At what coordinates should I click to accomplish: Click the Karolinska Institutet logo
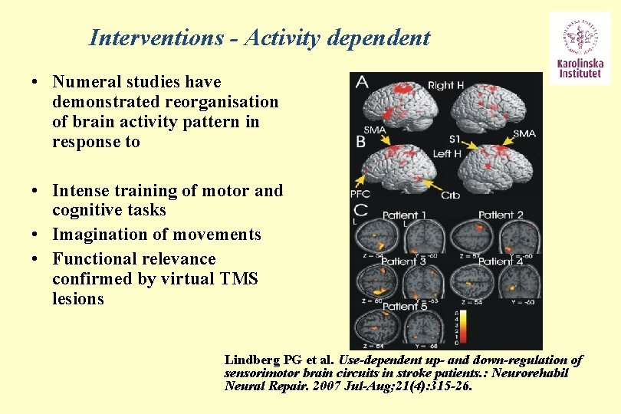pos(580,47)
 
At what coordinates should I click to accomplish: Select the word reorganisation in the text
pos(229,102)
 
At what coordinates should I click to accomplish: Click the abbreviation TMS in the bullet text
pos(238,279)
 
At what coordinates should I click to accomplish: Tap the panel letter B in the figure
pos(360,142)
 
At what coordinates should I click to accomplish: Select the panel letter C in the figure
pos(360,209)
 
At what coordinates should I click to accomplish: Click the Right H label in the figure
pos(445,85)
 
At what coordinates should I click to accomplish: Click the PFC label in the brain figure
pos(360,193)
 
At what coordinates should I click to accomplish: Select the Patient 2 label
pos(501,215)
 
